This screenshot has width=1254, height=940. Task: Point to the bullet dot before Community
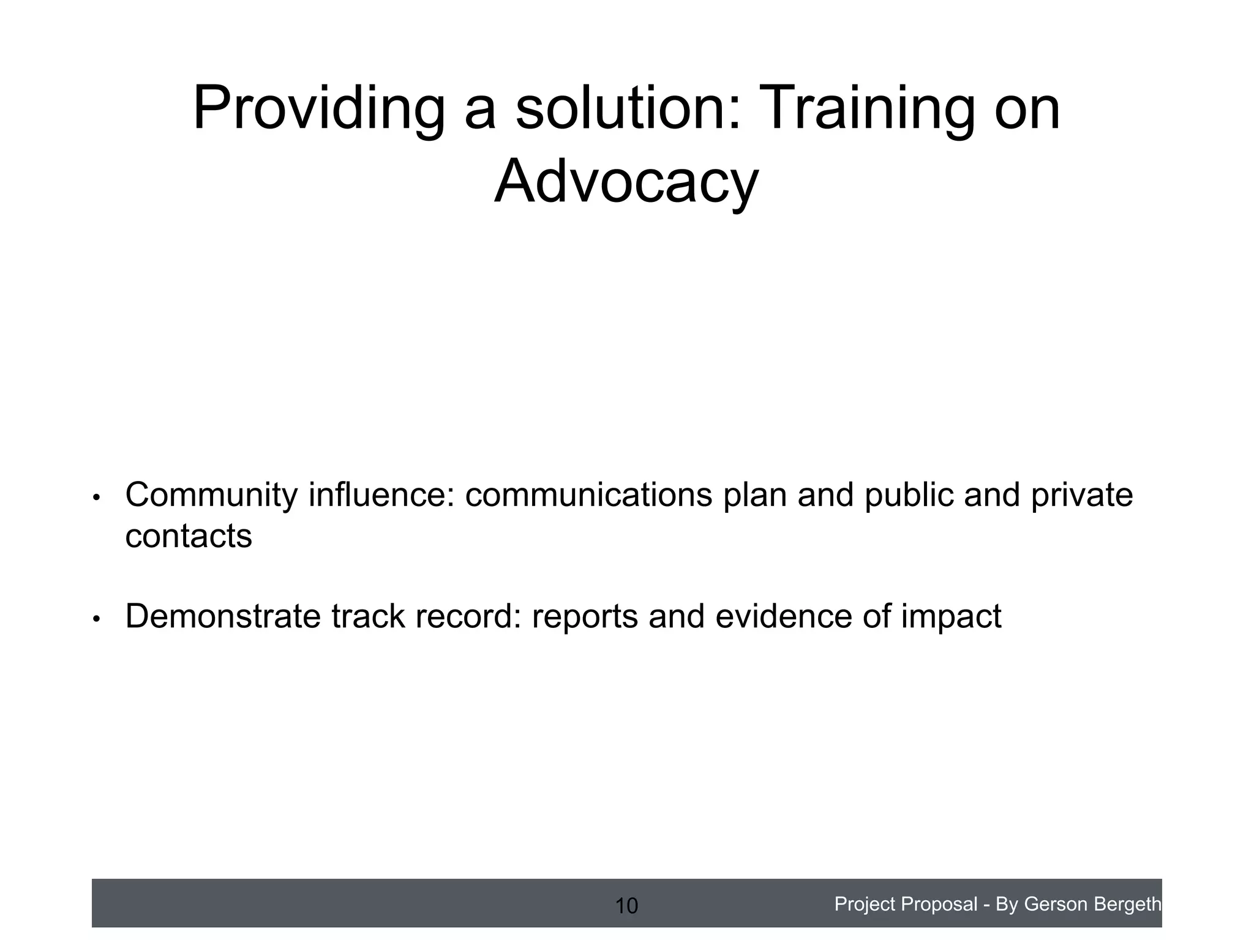[96, 498]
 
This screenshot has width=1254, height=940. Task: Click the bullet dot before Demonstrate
[96, 619]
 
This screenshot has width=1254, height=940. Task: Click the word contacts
[189, 537]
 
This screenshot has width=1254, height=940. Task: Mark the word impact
[951, 617]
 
